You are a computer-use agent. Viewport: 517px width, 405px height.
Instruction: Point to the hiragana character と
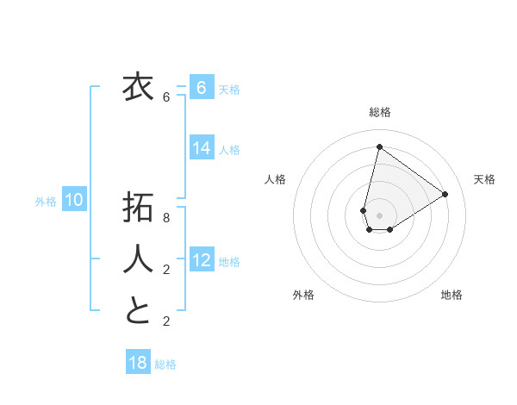138,310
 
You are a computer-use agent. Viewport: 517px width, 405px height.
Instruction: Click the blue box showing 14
202,148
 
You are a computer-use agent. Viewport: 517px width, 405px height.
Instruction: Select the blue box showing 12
202,260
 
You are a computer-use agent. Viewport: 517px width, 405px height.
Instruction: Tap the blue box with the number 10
74,201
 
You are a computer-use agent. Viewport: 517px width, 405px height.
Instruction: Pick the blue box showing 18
138,363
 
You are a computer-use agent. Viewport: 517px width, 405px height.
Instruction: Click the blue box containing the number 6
202,88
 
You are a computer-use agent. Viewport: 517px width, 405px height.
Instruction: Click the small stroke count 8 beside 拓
166,218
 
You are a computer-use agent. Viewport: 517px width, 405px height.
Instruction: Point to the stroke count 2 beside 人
166,270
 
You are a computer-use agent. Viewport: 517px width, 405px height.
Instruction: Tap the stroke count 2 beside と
166,321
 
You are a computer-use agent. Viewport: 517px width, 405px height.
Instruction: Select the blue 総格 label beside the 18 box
165,364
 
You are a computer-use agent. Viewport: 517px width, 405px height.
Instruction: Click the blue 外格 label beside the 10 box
46,202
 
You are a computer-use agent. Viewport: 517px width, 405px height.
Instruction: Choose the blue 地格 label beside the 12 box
229,262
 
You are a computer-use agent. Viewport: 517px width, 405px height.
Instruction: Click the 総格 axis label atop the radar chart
379,112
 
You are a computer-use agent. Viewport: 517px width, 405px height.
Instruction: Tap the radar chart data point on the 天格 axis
445,194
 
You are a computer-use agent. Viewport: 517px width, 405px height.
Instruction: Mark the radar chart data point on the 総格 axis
379,146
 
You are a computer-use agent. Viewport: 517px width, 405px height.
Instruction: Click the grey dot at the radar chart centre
379,215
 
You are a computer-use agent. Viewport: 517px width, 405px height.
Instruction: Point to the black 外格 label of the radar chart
303,295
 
